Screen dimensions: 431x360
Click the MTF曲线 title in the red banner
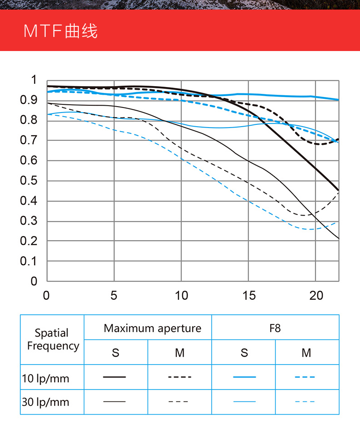point(61,31)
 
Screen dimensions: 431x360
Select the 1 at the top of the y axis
point(33,80)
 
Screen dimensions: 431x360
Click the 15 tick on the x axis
point(249,296)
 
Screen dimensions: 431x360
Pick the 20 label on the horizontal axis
point(316,296)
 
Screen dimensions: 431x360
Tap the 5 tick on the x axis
point(114,296)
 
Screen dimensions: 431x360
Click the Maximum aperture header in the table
point(152,328)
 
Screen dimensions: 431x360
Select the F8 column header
point(275,328)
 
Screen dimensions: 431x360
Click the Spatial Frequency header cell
point(52,339)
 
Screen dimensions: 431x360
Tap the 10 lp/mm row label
point(46,378)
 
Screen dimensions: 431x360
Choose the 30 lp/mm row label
point(46,402)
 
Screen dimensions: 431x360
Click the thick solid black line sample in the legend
point(114,377)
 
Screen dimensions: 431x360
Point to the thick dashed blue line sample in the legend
point(305,377)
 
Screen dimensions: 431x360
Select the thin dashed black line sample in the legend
point(178,401)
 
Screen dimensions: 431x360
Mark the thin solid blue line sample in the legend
point(244,401)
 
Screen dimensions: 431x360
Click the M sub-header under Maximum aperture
point(180,353)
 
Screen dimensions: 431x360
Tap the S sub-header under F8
point(245,353)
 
